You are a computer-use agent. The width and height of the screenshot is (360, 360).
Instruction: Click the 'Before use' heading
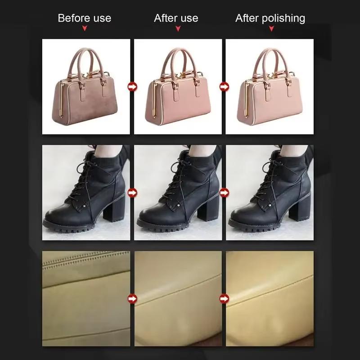coord(84,18)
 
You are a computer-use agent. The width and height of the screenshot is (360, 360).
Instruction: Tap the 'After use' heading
coord(176,18)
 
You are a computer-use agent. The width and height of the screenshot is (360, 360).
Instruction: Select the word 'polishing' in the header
coord(283,18)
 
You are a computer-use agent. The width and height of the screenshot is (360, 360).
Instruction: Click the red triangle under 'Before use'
coord(84,29)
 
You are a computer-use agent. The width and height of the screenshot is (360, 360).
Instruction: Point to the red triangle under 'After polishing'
coord(271,29)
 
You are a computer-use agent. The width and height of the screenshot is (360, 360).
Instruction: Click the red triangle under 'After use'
coord(178,29)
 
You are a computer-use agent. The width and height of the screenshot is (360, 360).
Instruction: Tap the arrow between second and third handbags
coord(224,86)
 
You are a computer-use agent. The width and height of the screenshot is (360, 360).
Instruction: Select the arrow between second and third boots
coord(224,193)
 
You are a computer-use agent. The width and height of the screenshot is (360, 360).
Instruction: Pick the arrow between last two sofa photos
coord(224,298)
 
